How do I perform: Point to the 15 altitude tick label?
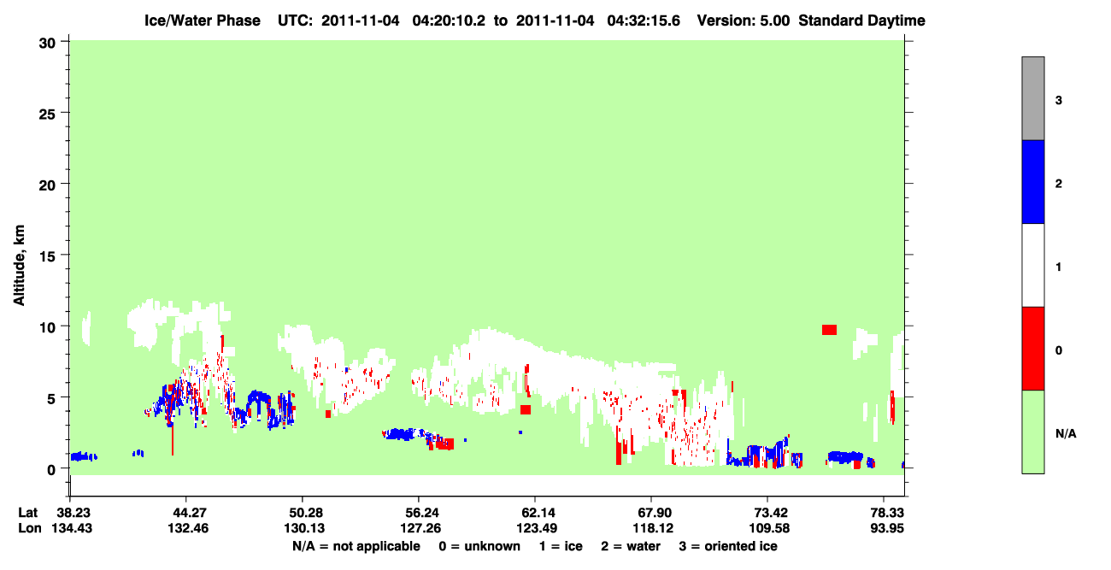[x=47, y=256]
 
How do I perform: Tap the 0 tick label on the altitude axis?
[x=51, y=470]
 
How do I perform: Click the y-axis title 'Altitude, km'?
[x=19, y=266]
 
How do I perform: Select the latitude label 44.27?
[x=187, y=513]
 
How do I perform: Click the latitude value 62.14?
[x=538, y=513]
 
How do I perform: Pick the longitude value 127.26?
[x=420, y=528]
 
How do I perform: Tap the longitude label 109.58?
[x=769, y=528]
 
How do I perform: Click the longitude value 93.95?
[x=887, y=528]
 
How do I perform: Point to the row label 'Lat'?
[x=27, y=513]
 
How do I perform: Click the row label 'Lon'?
[x=30, y=528]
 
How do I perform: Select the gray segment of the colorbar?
[x=1033, y=98]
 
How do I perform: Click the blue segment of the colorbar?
[x=1033, y=181]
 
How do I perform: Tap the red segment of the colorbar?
[x=1033, y=349]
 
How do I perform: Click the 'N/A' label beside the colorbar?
[x=1066, y=434]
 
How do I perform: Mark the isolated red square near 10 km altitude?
[x=829, y=330]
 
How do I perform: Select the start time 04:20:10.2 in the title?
[x=449, y=21]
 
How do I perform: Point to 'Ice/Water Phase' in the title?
[x=203, y=21]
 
